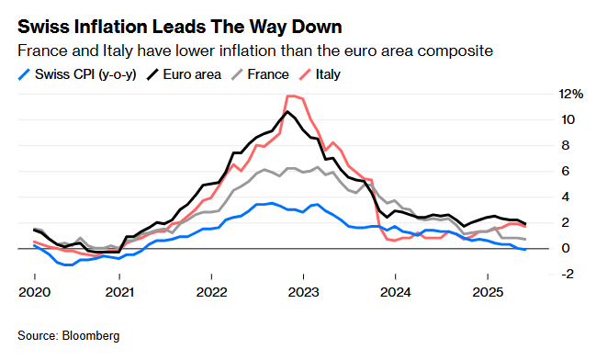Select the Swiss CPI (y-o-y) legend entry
(77, 74)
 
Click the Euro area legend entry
(184, 74)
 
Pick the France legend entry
(260, 74)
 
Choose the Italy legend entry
(320, 74)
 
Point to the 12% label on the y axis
(570, 94)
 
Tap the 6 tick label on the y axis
(565, 171)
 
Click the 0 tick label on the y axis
(566, 248)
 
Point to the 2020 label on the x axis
(35, 292)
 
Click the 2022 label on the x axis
(212, 292)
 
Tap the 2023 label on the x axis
(303, 292)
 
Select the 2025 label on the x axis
(488, 292)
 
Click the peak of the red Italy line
(291, 96)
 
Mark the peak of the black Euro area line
(287, 111)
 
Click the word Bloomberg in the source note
(91, 336)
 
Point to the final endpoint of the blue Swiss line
(525, 250)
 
